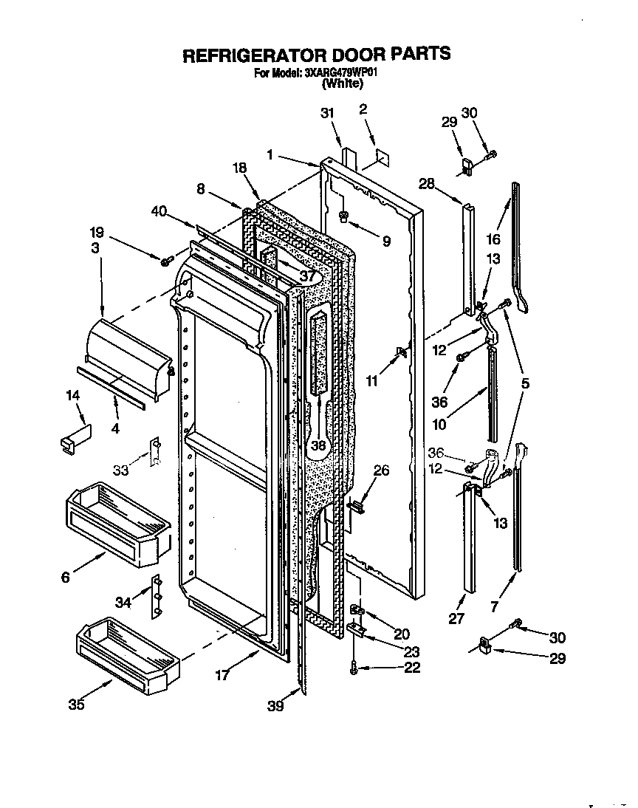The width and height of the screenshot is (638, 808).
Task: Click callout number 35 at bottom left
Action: coord(76,704)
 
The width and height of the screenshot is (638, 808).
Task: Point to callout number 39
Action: coord(275,706)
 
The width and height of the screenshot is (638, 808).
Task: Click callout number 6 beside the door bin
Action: coord(66,578)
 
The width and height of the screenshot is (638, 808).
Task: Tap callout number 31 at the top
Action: coord(327,112)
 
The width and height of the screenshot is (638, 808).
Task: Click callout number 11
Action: coord(371,381)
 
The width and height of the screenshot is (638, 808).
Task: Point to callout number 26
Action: coord(380,470)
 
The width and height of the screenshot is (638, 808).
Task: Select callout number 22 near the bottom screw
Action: coord(412,668)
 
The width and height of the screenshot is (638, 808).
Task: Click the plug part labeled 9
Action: coord(344,216)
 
